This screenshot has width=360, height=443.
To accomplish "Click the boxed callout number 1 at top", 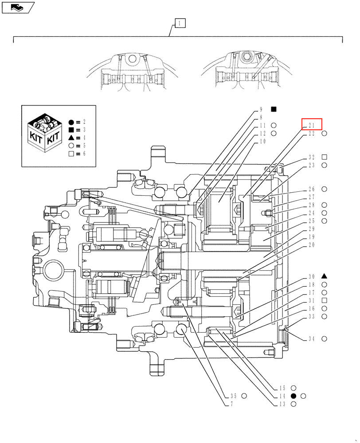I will coord(180,23).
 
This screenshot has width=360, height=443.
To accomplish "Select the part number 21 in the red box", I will coord(311,125).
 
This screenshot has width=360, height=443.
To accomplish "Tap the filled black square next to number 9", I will coord(274,109).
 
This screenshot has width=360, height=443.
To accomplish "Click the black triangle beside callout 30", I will coord(324,276).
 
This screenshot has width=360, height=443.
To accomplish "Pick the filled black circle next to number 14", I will coord(293,396).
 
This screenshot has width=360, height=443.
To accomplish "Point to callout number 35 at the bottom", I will coord(233,396).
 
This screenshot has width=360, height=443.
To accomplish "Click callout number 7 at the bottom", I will coord(231,404).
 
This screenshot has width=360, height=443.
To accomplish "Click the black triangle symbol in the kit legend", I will coord(71,138).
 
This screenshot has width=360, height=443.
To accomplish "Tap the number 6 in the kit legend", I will coord(84,154).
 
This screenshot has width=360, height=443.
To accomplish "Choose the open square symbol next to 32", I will coord(324,157).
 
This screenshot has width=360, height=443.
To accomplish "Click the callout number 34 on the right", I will coord(311,339).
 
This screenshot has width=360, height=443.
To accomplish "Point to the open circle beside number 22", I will coord(324,133).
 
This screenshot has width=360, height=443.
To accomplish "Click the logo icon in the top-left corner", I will coord(18,7).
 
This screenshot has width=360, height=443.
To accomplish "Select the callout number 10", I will coord(262,141).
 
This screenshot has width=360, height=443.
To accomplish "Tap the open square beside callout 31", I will coord(324,300).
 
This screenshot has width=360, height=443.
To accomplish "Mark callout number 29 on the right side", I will coord(311,229).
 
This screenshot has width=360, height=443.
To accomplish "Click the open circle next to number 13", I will coord(293,404).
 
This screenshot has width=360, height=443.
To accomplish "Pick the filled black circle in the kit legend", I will coord(71,122).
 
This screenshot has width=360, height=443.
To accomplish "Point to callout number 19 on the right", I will coord(311,237).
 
